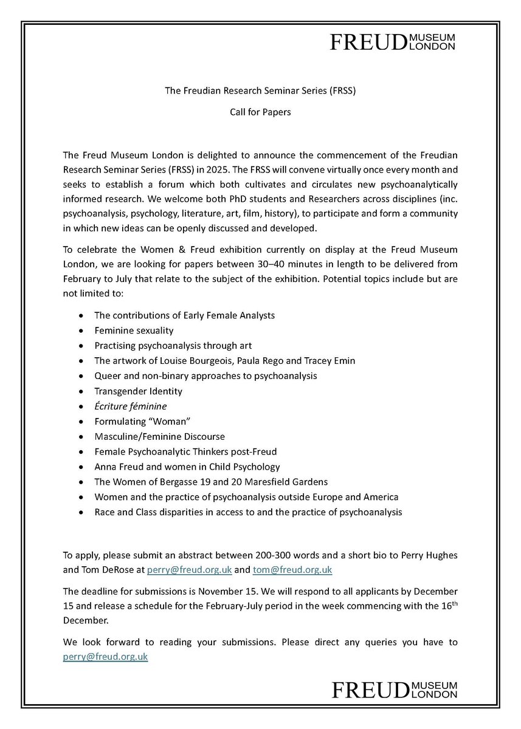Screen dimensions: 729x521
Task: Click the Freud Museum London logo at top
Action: pos(393,41)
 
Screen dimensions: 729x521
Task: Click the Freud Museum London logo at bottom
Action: pos(393,690)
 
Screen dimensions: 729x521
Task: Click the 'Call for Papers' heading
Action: pos(260,113)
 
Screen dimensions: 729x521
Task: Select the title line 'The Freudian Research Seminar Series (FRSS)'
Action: pos(260,91)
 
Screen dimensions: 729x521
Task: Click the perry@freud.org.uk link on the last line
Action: pos(105,657)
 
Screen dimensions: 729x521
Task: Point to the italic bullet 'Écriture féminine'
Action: pos(130,406)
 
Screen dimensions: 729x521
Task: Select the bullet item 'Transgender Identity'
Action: pos(138,391)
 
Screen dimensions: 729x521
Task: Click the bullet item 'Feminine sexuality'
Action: pos(134,330)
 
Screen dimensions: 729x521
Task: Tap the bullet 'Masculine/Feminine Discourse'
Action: pos(159,436)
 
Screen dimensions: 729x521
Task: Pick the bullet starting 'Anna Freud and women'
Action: pos(187,467)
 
